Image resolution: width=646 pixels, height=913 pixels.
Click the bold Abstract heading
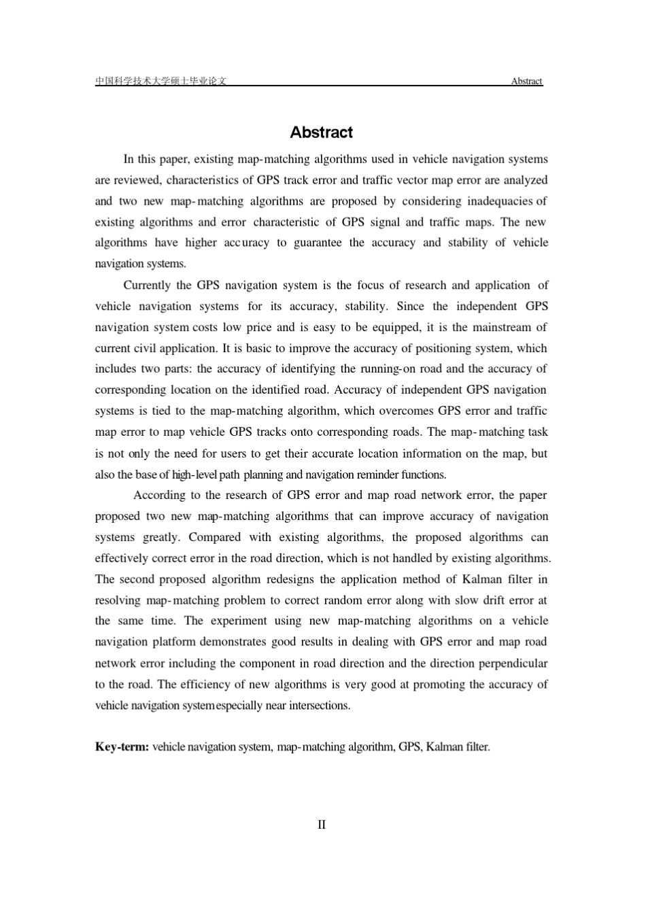tap(321, 133)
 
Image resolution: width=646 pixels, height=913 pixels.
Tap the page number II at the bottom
tap(322, 825)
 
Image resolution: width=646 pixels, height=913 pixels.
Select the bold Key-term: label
tap(122, 747)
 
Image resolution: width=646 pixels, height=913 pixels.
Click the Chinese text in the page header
tap(160, 82)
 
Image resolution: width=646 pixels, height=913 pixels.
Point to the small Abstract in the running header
tap(526, 82)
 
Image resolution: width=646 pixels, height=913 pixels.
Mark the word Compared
tap(214, 537)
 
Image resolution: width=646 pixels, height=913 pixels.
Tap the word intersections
tap(318, 705)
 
